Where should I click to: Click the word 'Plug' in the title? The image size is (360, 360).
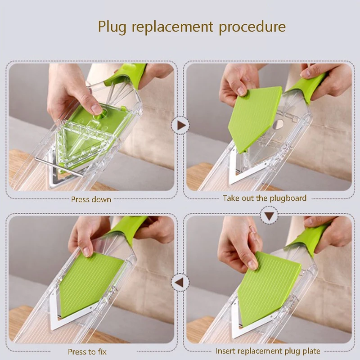coord(112,27)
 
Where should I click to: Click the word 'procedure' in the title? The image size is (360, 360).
coord(252,27)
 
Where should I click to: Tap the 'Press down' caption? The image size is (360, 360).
coord(91,199)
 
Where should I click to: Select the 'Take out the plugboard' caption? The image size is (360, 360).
coord(265,198)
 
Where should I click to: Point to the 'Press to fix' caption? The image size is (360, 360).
coord(87,351)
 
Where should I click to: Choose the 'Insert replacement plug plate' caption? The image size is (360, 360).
coord(268,351)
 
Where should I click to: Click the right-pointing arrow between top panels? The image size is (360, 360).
coord(181,126)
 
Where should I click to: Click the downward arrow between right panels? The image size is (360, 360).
coord(269,216)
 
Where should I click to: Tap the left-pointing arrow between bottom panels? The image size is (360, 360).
coord(180,282)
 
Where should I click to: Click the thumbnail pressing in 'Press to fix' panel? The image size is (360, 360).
coord(86,252)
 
